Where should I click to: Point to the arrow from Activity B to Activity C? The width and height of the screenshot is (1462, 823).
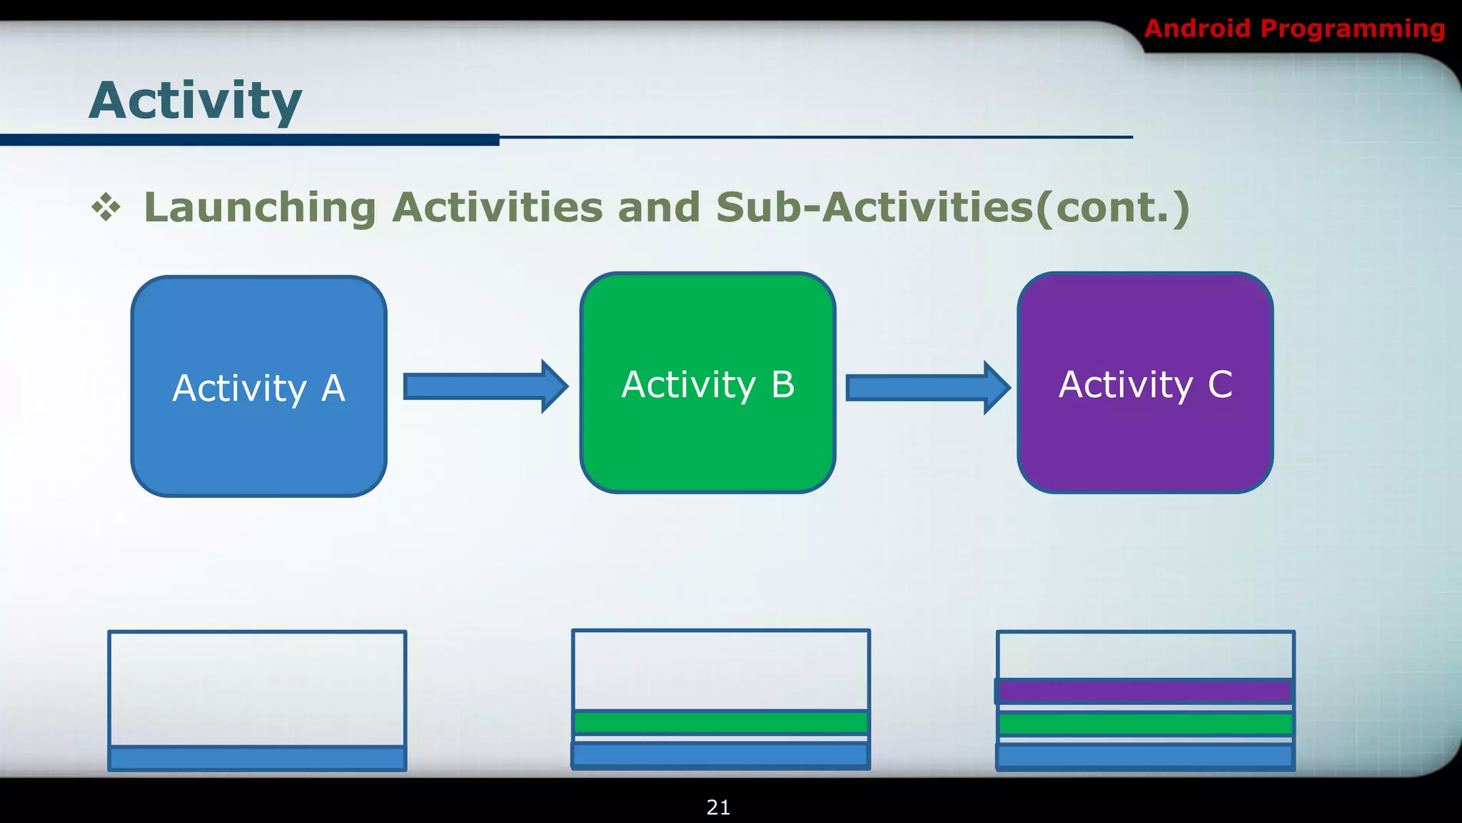tap(927, 388)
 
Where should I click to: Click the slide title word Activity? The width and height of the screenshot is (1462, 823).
tap(196, 101)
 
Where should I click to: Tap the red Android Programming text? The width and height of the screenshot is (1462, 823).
tap(1294, 29)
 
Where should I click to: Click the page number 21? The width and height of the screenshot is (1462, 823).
tap(718, 807)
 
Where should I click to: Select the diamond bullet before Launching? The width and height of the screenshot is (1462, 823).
tap(106, 207)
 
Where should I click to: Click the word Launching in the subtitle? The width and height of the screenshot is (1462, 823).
tap(260, 207)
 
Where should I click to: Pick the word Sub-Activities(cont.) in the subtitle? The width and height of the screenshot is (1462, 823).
tap(952, 207)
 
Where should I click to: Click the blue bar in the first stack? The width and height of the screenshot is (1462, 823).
tap(257, 757)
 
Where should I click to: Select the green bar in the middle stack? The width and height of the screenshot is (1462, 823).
tap(721, 722)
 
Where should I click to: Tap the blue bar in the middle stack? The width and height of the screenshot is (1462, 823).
tap(721, 754)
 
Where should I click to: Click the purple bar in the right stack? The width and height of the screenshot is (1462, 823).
tap(1144, 691)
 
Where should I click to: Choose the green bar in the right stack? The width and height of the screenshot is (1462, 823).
tap(1145, 724)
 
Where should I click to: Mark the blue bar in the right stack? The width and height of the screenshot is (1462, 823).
tap(1145, 756)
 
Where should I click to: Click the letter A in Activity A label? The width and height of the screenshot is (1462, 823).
tap(333, 389)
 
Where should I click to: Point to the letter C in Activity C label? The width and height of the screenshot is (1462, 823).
tap(1220, 384)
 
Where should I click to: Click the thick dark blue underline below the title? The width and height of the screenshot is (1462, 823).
tap(250, 140)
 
